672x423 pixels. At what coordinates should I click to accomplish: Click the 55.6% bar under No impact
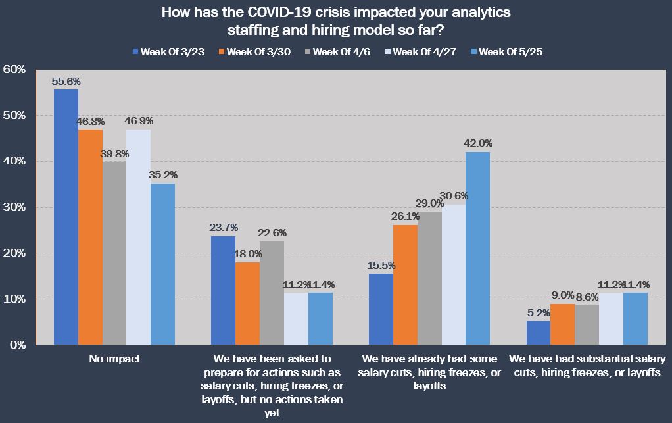point(66,217)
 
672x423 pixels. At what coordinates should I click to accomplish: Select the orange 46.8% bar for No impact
point(90,237)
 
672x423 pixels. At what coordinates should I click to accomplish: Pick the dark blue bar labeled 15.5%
point(381,309)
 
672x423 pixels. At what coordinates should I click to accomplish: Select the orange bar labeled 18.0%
point(248,303)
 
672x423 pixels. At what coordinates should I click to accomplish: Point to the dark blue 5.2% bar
point(539,333)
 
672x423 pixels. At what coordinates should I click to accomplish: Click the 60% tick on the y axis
point(14,70)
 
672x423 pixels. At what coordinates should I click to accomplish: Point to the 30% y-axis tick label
point(14,207)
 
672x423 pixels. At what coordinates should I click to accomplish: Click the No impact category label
point(114,359)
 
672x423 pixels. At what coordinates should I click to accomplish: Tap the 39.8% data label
point(114,153)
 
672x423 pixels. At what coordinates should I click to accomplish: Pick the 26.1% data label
point(406,216)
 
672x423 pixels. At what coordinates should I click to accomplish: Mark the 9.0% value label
point(564,295)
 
